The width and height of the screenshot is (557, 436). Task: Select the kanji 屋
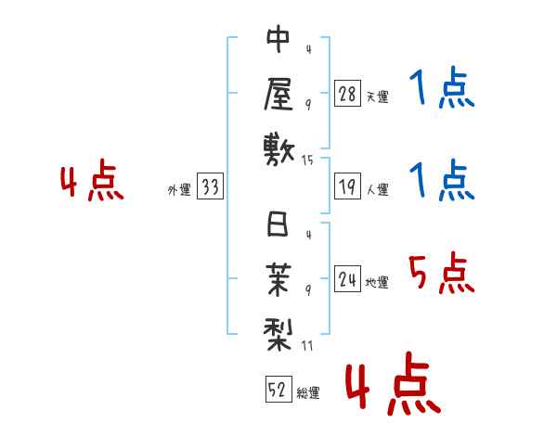tap(278, 95)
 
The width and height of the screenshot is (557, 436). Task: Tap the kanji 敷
tap(278, 149)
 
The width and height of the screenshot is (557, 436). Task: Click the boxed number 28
tap(347, 94)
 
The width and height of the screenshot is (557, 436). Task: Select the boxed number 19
tap(347, 187)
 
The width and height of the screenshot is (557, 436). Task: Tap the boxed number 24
tap(347, 280)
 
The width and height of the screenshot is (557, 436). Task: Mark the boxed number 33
tap(210, 187)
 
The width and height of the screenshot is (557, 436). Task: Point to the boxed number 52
tap(277, 391)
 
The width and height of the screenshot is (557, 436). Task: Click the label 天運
tap(377, 96)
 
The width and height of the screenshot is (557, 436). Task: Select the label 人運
tap(377, 190)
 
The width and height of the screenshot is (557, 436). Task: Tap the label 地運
tap(377, 283)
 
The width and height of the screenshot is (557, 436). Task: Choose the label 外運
tap(179, 190)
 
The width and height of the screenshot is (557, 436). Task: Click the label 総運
tap(307, 393)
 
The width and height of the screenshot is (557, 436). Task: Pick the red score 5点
tap(441, 276)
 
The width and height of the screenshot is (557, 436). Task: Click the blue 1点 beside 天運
tap(441, 90)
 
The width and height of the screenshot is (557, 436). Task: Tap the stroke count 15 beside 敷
tap(308, 160)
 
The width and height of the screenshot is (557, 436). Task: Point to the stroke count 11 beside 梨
tap(308, 345)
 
